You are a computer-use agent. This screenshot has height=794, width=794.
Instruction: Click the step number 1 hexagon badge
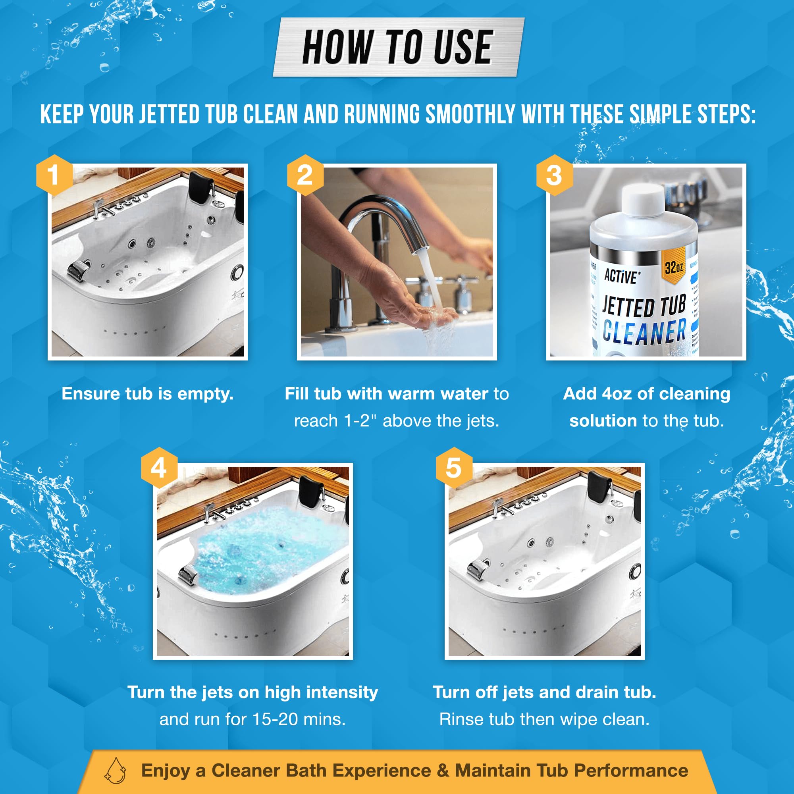[54, 175]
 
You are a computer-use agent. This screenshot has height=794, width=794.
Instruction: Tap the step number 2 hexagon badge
[304, 175]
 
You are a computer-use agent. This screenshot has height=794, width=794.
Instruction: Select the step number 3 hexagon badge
[554, 175]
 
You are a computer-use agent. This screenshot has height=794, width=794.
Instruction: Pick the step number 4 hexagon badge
[159, 468]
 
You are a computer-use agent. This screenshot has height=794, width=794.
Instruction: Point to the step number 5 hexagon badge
[453, 468]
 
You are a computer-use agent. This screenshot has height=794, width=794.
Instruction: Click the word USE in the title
[463, 48]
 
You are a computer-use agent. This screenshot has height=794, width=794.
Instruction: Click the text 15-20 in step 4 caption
[275, 719]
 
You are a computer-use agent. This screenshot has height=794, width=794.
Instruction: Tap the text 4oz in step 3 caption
[617, 394]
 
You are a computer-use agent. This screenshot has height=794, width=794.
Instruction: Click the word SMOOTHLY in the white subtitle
[470, 114]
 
